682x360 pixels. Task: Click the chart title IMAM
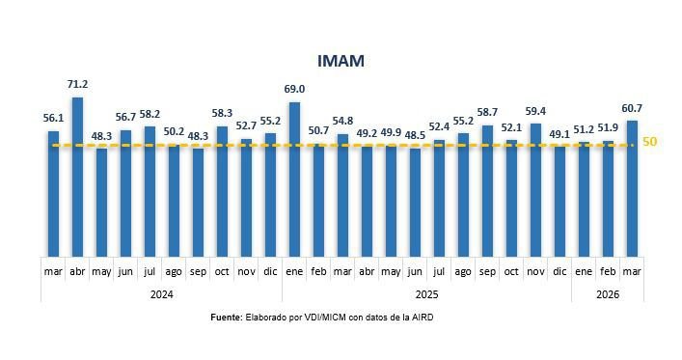(344, 61)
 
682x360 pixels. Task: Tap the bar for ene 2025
(294, 179)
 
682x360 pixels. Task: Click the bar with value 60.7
(632, 187)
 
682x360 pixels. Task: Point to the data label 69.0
(293, 89)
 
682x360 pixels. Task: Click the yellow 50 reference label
(650, 142)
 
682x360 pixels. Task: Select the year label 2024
(161, 294)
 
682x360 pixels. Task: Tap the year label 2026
(608, 294)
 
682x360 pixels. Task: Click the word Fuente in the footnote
(227, 318)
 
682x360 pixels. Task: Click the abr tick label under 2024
(77, 272)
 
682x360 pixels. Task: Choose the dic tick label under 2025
(559, 272)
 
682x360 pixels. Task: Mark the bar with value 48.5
(415, 202)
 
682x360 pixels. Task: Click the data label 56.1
(53, 118)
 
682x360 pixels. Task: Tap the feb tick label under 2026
(608, 272)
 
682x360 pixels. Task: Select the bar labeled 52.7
(246, 197)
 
